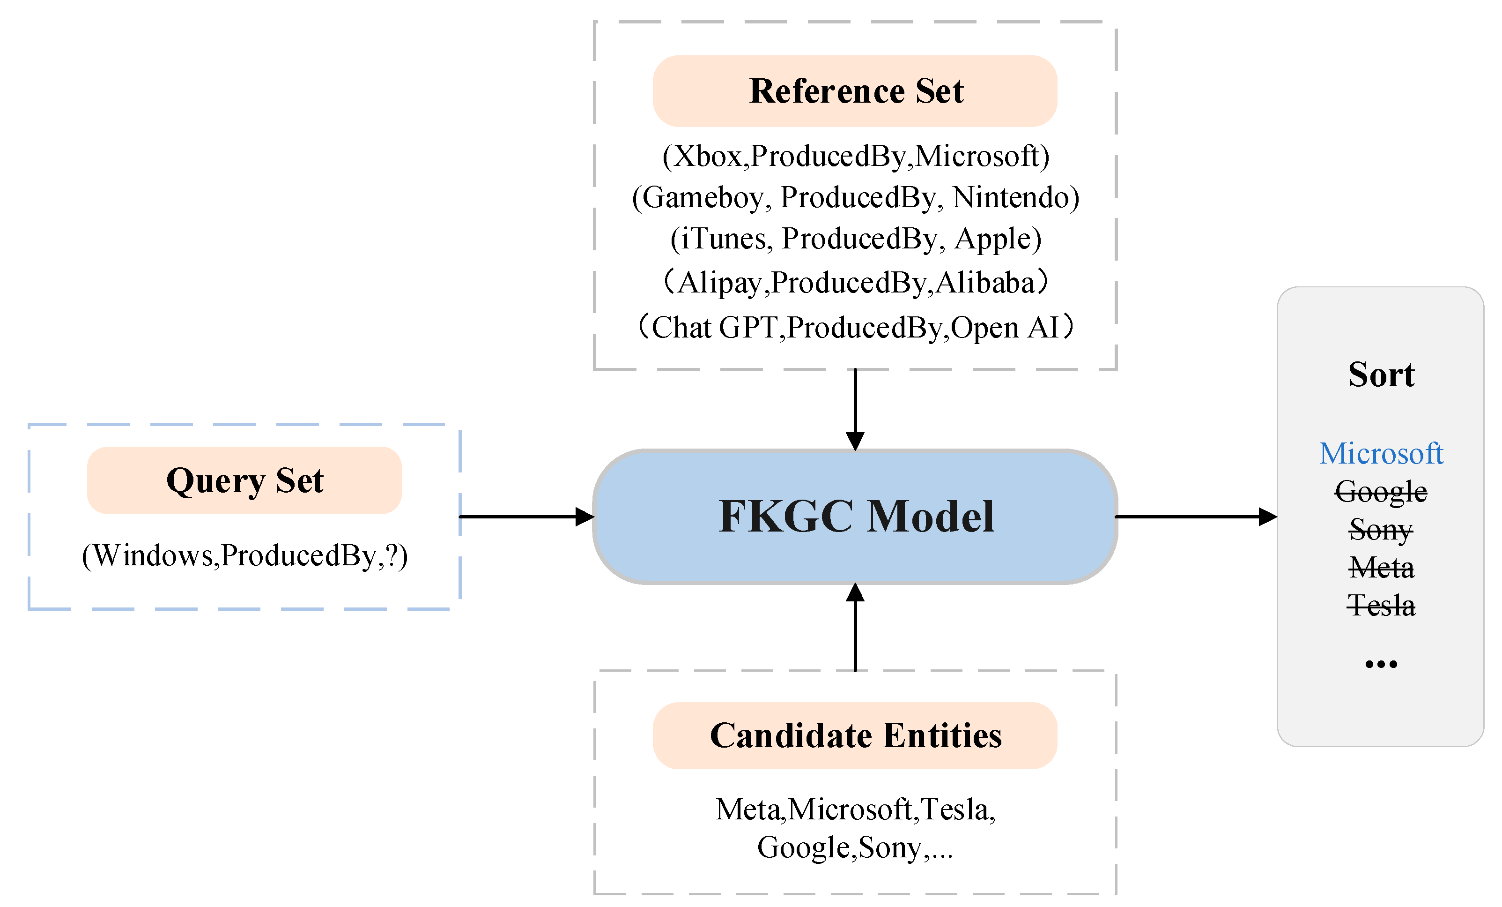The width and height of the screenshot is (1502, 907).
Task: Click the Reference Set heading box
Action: (x=855, y=91)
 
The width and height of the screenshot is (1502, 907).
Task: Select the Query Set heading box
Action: (x=244, y=480)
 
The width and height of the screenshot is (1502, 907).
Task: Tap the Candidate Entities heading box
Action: (x=855, y=735)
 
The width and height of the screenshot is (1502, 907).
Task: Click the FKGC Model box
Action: (x=855, y=517)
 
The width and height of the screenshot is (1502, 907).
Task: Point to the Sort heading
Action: (x=1381, y=374)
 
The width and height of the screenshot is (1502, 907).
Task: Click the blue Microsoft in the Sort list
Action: (x=1381, y=453)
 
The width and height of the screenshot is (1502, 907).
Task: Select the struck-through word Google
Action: (x=1381, y=492)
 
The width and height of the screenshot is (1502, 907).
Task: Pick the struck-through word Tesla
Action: (x=1381, y=606)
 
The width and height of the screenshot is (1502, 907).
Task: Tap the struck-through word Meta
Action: (x=1381, y=568)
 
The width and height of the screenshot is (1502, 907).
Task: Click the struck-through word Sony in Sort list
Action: (x=1381, y=530)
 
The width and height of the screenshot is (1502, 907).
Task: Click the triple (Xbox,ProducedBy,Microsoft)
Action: (x=855, y=156)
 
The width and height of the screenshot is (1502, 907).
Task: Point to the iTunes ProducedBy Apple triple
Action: (x=855, y=239)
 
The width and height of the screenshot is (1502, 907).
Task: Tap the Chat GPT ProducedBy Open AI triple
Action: (x=855, y=328)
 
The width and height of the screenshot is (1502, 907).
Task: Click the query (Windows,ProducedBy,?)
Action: (x=244, y=555)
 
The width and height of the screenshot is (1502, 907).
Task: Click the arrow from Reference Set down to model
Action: (x=855, y=409)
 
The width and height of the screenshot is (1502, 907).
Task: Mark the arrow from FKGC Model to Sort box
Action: (x=1195, y=517)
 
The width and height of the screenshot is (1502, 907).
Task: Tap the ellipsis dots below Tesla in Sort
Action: (x=1381, y=664)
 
